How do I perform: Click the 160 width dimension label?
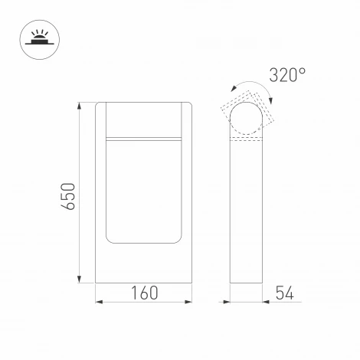(144, 293)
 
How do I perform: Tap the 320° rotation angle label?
(287, 75)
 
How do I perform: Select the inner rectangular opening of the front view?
(144, 191)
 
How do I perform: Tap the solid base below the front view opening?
(144, 264)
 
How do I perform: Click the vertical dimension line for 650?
(80, 191)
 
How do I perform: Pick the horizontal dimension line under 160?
(144, 302)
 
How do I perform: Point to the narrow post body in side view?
(247, 214)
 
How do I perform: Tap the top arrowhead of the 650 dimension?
(80, 103)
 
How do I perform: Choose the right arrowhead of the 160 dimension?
(189, 302)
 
